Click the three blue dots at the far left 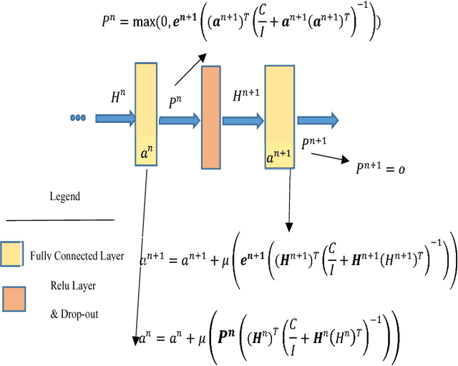pyautogui.click(x=78, y=119)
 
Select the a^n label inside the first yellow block pyautogui.click(x=146, y=153)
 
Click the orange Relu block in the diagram pyautogui.click(x=211, y=117)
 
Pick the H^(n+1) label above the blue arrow pyautogui.click(x=246, y=96)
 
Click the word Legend pyautogui.click(x=64, y=197)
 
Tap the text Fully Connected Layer pyautogui.click(x=77, y=256)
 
